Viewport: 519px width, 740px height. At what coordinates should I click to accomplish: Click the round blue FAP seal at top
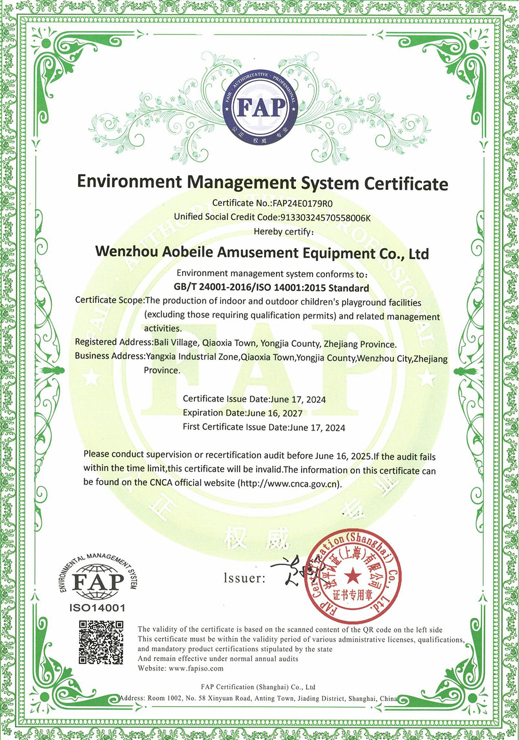261,107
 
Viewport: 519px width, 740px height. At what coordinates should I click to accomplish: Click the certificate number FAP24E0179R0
306,203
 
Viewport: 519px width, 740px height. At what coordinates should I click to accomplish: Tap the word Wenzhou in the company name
127,252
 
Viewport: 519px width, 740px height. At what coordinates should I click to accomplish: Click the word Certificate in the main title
406,183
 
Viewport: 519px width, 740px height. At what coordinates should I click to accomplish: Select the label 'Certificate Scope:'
110,300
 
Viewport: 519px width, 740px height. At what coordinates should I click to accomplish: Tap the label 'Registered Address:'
114,342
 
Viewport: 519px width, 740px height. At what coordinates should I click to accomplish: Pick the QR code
101,642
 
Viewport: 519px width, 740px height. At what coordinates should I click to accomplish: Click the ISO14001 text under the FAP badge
97,608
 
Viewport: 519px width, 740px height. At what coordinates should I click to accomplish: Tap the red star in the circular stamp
353,574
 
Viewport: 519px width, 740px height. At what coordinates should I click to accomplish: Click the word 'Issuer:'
244,578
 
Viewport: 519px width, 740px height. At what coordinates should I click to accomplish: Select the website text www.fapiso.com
196,668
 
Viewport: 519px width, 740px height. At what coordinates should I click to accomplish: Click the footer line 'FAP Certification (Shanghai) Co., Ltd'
258,687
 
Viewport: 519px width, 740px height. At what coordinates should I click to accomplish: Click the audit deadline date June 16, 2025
343,456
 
